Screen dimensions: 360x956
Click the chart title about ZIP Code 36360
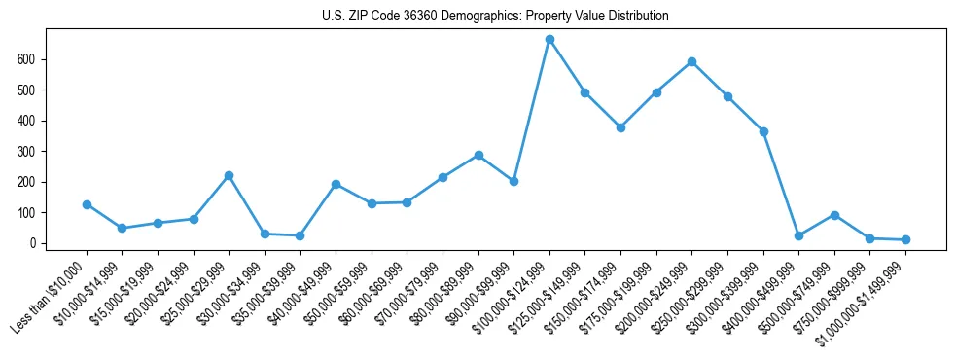(495, 17)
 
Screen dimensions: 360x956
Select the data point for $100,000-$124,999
(549, 39)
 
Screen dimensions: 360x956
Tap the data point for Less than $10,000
(87, 204)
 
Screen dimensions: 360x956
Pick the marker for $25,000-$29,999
(229, 175)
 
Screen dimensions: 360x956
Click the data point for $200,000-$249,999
(691, 61)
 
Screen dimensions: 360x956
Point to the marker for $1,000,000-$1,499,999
(905, 239)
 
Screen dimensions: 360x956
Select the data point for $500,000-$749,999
(834, 215)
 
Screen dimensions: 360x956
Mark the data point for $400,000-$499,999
(798, 235)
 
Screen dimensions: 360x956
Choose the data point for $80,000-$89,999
(478, 155)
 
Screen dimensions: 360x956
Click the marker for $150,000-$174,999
(620, 127)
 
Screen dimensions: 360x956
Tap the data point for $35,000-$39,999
(300, 235)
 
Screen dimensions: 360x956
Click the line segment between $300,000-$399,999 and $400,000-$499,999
(781, 184)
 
